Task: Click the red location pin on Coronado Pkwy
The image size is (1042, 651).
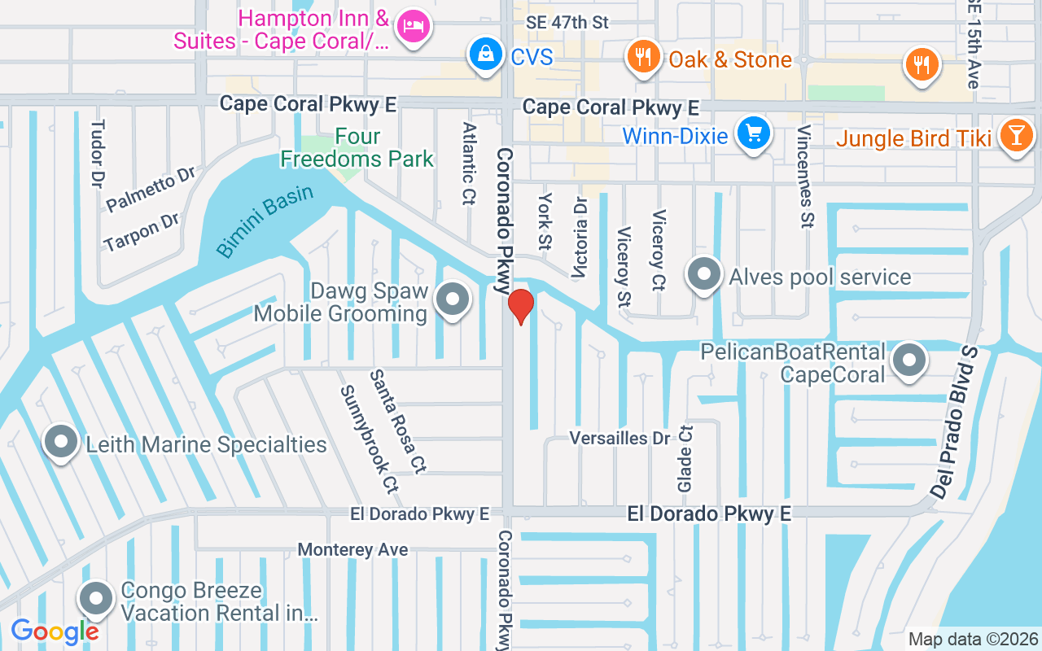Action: point(520,306)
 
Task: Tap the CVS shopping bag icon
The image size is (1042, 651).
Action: point(485,55)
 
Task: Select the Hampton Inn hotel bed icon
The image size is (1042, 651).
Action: point(414,27)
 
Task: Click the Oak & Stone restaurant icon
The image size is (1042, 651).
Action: point(643,57)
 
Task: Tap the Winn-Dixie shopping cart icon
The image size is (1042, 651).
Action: point(754,133)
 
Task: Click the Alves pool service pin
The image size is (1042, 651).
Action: point(704,275)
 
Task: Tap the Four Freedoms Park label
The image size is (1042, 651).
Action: point(357,148)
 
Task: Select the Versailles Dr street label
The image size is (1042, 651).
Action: point(620,439)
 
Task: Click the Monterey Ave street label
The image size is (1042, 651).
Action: point(352,550)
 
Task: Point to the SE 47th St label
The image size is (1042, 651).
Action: point(567,23)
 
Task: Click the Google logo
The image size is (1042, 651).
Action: point(55,631)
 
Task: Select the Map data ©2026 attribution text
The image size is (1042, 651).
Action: point(973,640)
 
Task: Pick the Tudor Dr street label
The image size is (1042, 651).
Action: point(98,155)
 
